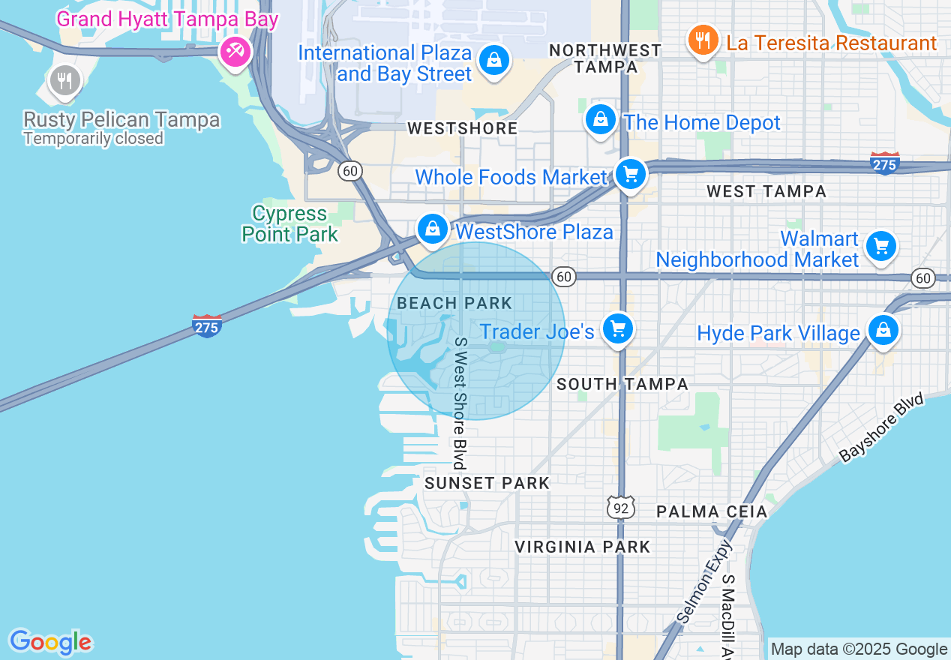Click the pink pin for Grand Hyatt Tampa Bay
pyautogui.click(x=235, y=51)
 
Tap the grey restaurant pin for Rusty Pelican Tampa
pyautogui.click(x=64, y=81)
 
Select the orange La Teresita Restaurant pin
pyautogui.click(x=702, y=42)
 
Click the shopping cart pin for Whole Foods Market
pyautogui.click(x=631, y=175)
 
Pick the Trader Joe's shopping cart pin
pyautogui.click(x=618, y=329)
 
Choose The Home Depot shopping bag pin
pyautogui.click(x=600, y=120)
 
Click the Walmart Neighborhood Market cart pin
pyautogui.click(x=881, y=247)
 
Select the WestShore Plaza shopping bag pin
pyautogui.click(x=433, y=229)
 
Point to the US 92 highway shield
pyautogui.click(x=622, y=508)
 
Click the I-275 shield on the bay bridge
pyautogui.click(x=207, y=326)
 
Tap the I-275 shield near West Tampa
pyautogui.click(x=885, y=163)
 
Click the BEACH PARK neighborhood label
pyautogui.click(x=454, y=304)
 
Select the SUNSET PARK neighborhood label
pyautogui.click(x=487, y=484)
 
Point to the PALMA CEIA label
pyautogui.click(x=712, y=512)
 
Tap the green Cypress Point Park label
pyautogui.click(x=290, y=224)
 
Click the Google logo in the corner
pyautogui.click(x=50, y=642)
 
